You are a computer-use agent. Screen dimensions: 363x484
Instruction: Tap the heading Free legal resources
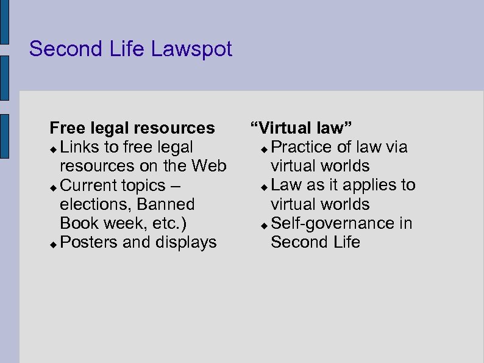tap(132, 128)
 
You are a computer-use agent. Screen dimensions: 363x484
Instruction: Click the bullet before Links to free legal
tap(54, 148)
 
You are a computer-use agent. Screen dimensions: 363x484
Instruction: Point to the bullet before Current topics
tap(54, 186)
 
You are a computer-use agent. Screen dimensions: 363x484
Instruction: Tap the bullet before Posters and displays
tap(54, 243)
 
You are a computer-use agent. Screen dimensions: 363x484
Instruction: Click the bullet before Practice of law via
tap(263, 148)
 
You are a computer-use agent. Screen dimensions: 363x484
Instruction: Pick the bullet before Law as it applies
tap(263, 186)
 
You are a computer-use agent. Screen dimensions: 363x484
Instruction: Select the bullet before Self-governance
tap(263, 225)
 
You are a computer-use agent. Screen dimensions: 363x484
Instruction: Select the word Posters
tap(90, 242)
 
